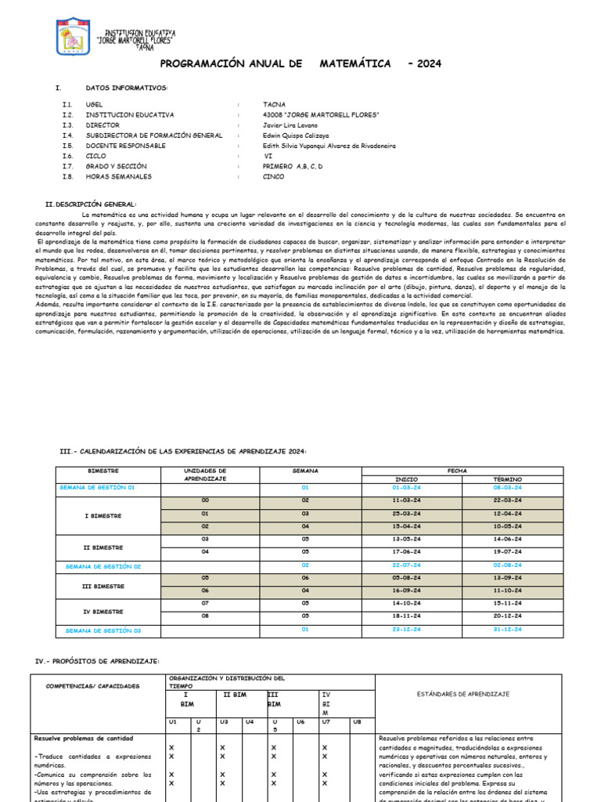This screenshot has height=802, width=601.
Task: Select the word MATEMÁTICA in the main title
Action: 355,63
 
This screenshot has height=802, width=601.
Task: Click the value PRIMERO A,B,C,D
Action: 293,166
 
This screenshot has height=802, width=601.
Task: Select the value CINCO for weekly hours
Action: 274,176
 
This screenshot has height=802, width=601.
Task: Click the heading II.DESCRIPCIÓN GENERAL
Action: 91,204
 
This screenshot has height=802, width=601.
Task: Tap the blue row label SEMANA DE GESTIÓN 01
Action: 97,487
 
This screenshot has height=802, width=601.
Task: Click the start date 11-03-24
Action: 406,500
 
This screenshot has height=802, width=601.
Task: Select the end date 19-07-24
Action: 508,551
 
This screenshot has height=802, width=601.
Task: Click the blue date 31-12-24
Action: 508,629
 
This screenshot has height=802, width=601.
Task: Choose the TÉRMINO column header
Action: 508,479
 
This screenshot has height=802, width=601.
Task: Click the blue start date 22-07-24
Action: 406,564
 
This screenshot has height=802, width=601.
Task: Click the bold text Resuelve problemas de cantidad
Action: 84,738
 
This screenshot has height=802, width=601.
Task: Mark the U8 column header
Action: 357,721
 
